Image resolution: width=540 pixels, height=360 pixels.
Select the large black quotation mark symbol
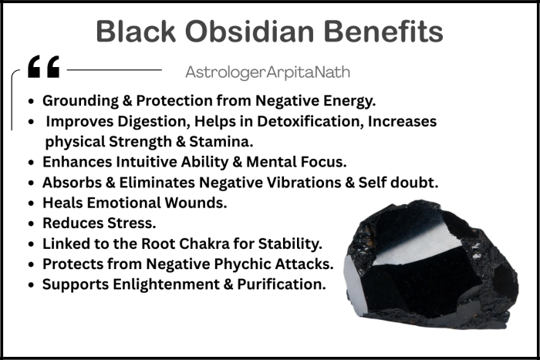43,69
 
